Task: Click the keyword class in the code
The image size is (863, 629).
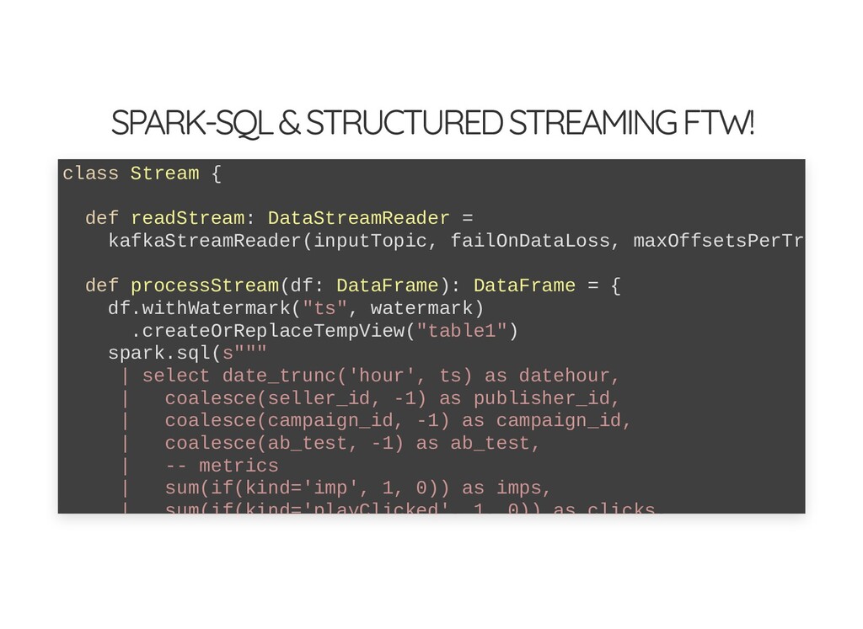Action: [x=90, y=173]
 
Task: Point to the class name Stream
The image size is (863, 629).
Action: [x=164, y=173]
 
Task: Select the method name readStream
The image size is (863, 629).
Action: [x=187, y=219]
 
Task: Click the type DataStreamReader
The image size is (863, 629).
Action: [x=359, y=219]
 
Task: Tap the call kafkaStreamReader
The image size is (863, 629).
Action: [x=204, y=242]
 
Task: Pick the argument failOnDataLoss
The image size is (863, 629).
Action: [x=530, y=242]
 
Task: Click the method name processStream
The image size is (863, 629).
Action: [x=204, y=286]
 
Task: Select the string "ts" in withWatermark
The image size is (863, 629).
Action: [x=324, y=308]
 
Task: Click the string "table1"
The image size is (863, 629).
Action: [x=462, y=331]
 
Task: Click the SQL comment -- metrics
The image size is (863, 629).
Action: [x=222, y=466]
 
